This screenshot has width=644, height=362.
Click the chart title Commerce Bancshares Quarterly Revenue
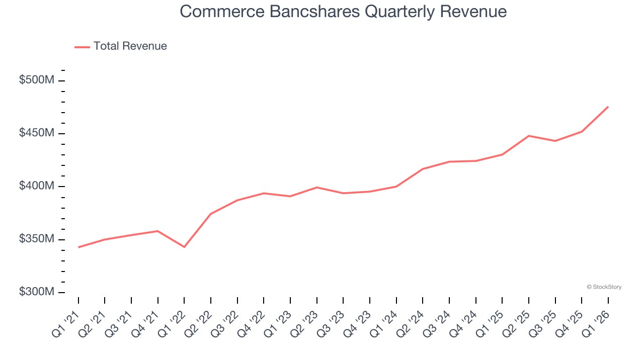343,12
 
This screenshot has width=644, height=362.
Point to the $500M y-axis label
36,80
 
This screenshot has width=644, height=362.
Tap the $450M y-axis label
36,133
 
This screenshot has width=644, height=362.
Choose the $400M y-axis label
36,187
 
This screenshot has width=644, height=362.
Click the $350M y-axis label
36,239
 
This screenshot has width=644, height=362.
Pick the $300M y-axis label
36,292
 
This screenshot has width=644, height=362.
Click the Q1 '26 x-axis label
596,323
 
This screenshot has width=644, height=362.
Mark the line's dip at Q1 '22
184,247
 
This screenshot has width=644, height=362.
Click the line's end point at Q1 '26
608,107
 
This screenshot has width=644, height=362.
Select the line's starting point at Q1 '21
78,247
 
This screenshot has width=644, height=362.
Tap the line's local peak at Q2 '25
529,136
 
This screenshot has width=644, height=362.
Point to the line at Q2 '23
317,188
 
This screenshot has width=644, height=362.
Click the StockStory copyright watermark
604,287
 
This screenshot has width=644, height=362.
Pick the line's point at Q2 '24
423,169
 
